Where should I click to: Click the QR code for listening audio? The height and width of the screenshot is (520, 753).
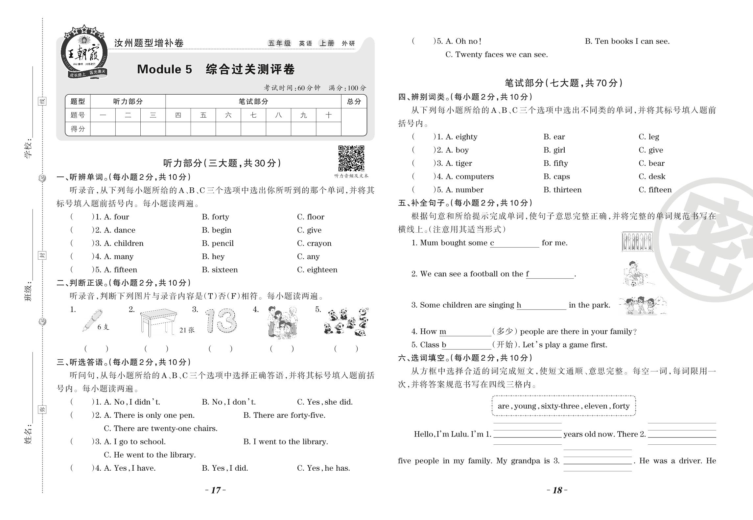click(x=351, y=158)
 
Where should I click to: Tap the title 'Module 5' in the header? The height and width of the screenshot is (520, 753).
click(x=164, y=69)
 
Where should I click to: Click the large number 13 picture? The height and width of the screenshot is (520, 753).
click(x=221, y=321)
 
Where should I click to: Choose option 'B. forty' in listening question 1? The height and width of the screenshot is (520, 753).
click(x=215, y=217)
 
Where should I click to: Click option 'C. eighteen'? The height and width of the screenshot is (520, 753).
click(x=317, y=270)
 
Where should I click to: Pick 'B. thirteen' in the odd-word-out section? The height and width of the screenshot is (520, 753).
click(x=562, y=190)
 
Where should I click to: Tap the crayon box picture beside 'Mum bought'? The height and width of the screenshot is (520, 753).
click(x=637, y=242)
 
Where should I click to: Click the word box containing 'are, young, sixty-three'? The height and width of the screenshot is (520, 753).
click(x=563, y=406)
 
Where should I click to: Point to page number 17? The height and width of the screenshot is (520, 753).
click(x=216, y=490)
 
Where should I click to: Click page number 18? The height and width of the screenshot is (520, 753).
click(x=557, y=490)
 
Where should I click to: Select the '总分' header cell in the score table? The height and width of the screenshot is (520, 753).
click(x=354, y=102)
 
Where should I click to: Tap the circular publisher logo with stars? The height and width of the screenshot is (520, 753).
click(x=84, y=53)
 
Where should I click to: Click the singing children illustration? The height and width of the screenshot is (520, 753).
click(x=642, y=306)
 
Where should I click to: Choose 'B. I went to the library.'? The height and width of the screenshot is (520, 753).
click(x=285, y=442)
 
